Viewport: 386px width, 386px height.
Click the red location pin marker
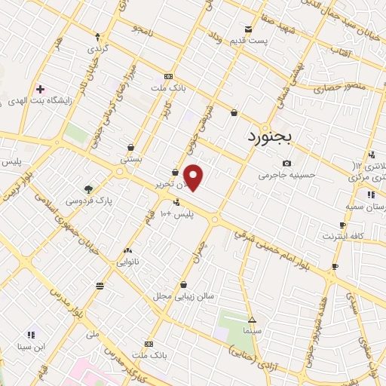pos(194,177)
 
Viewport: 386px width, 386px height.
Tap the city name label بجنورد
pos(273,137)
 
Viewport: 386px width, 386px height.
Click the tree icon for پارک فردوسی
pos(89,188)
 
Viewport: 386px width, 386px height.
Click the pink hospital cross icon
pos(40,89)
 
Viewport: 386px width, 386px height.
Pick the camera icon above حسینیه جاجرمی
pos(286,163)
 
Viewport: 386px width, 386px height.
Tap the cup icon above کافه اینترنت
pos(343,225)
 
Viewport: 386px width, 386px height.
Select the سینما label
pos(252,331)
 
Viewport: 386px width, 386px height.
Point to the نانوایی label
pos(127,262)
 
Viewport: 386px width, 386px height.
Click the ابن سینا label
pos(32,347)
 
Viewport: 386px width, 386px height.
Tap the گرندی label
pos(100,48)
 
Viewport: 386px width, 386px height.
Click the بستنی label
pos(131,160)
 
